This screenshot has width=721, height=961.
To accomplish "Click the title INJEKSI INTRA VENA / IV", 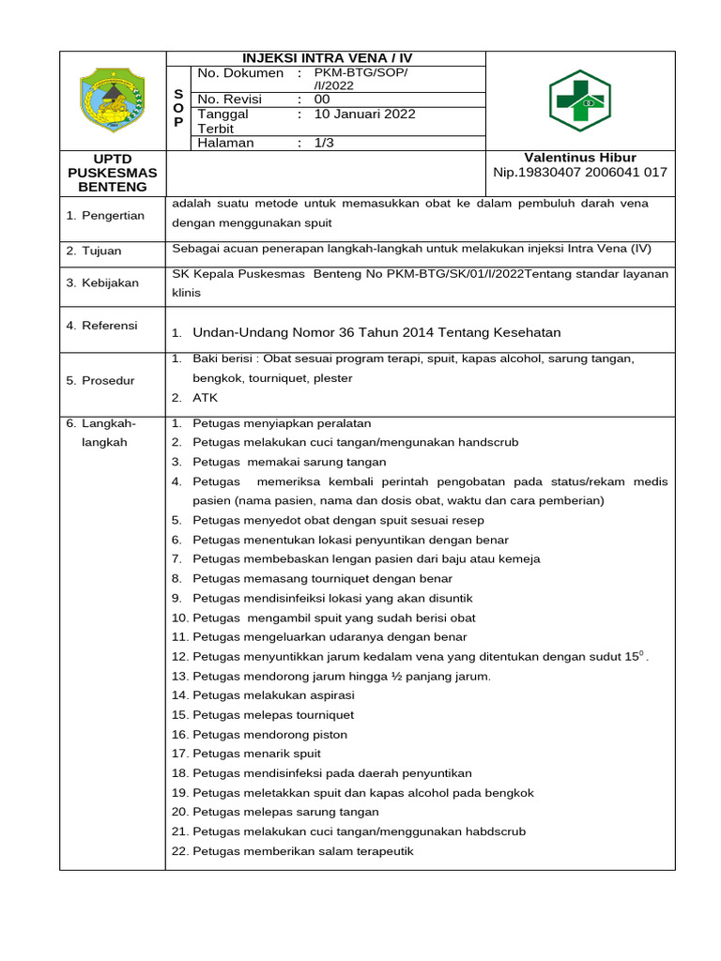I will pyautogui.click(x=327, y=58).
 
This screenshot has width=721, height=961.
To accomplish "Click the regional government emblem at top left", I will pyautogui.click(x=112, y=99).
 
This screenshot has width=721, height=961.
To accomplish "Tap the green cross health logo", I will pyautogui.click(x=579, y=100).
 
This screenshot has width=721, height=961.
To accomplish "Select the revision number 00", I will pyautogui.click(x=322, y=99).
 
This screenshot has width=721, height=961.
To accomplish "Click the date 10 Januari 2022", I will pyautogui.click(x=364, y=114).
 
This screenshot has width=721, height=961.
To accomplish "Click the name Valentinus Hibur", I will pyautogui.click(x=579, y=158).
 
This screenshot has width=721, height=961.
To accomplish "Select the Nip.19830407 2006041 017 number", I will pyautogui.click(x=579, y=173).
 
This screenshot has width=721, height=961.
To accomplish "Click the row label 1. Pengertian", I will pyautogui.click(x=105, y=215).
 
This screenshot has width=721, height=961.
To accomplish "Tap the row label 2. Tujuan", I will pyautogui.click(x=94, y=252).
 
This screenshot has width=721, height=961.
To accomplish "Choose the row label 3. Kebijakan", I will pyautogui.click(x=102, y=282).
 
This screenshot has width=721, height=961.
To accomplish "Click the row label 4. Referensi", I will pyautogui.click(x=101, y=326).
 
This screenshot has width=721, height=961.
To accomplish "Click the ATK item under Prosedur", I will pyautogui.click(x=205, y=398).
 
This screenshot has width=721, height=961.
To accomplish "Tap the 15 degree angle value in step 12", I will pyautogui.click(x=635, y=656).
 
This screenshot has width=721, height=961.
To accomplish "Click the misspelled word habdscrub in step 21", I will pyautogui.click(x=495, y=831).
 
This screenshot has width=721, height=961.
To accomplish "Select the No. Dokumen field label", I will pyautogui.click(x=239, y=73).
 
